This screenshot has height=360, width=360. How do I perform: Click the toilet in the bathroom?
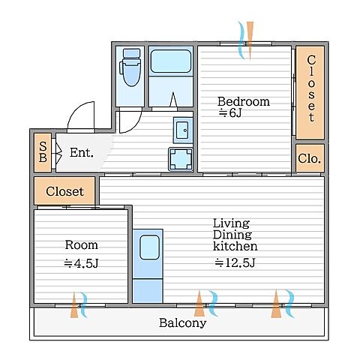[x=130, y=67]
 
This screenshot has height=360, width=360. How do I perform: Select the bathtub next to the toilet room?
[x=171, y=61]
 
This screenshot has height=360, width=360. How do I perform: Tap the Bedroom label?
[x=244, y=101]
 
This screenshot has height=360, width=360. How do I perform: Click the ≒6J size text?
[x=230, y=113]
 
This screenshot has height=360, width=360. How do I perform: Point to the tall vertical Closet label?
[x=311, y=88]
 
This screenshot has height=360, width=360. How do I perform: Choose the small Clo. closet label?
[x=309, y=158]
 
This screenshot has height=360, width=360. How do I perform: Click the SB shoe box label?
[x=43, y=151]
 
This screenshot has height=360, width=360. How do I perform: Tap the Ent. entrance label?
[x=82, y=152]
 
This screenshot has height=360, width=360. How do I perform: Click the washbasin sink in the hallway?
[x=183, y=130]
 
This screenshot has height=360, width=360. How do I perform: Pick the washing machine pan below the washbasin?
[x=181, y=159]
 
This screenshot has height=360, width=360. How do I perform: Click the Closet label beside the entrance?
[x=64, y=191]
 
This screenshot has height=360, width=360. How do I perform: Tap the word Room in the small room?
[x=82, y=244]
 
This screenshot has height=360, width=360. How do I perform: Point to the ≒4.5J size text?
[x=81, y=263]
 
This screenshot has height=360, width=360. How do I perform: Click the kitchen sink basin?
[x=149, y=247]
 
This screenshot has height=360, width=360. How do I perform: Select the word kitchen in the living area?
[x=235, y=246]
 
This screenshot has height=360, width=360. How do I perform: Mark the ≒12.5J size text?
[x=235, y=262]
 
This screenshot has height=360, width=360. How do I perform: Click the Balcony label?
[x=183, y=322]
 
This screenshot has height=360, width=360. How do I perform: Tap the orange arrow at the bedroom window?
[x=250, y=40]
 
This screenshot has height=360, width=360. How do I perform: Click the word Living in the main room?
[x=231, y=223]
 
